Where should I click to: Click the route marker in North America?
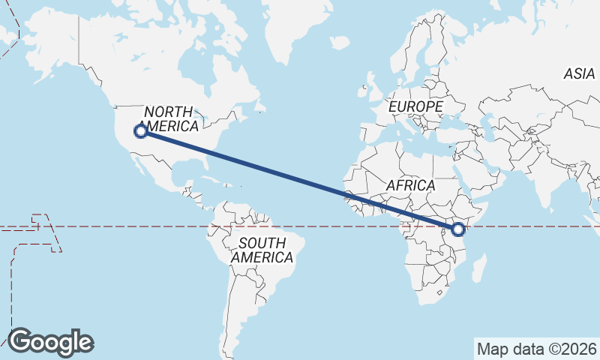coord(139,131)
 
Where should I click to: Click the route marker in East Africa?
coord(459,229)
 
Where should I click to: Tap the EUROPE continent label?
coord(415,107)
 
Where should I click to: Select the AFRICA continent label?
coord(410,185)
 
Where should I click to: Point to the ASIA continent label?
coord(579,73)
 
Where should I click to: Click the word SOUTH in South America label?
coord(262,243)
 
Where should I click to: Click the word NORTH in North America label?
coord(168,112)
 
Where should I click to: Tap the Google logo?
coord(50,342)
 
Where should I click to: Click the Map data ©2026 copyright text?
coord(536,349)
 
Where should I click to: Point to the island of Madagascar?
coord(478,268)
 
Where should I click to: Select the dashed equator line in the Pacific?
coord(112,226)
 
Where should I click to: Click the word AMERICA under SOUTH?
coord(262,257)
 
